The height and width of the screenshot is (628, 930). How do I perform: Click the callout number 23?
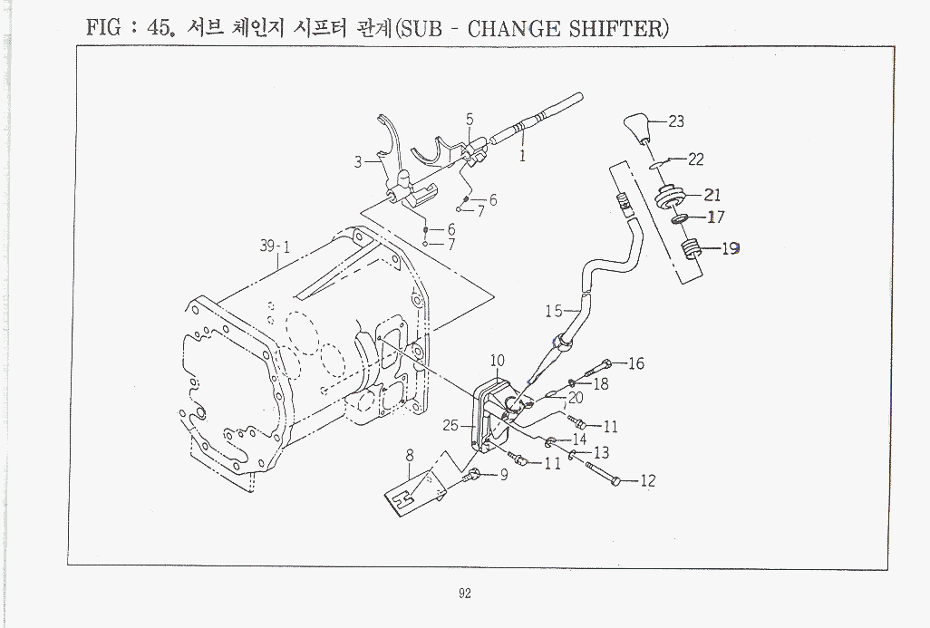point(676,121)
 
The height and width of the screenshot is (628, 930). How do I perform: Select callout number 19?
point(730,248)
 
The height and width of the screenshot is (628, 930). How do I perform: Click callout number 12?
point(647,481)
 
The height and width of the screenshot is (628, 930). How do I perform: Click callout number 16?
point(635,363)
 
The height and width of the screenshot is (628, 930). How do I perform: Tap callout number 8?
point(410,456)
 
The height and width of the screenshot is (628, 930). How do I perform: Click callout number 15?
point(553,311)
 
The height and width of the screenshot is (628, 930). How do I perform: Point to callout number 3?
point(359,163)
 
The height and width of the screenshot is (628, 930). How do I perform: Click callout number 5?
point(470,119)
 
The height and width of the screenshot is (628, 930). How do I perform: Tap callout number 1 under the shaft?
point(523,155)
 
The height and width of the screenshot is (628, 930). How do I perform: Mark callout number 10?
point(498,361)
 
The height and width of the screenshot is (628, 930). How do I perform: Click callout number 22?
point(695,159)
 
